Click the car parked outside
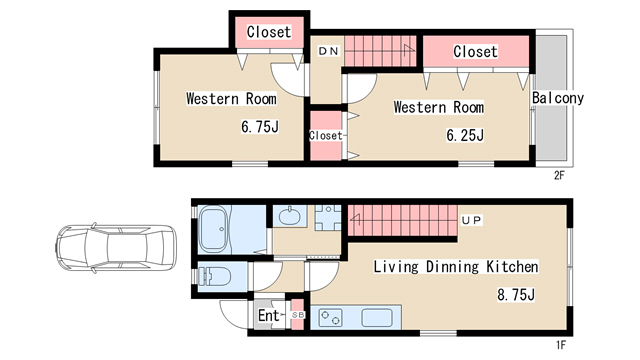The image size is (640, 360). (x=116, y=248)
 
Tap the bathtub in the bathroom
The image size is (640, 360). (x=213, y=229)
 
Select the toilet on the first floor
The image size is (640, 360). (x=214, y=276)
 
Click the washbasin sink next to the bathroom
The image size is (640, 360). (x=290, y=216)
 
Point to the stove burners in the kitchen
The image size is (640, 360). (x=330, y=318)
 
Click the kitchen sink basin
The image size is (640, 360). (x=377, y=318)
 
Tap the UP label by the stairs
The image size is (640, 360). (x=471, y=220)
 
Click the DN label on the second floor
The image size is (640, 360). (x=328, y=51)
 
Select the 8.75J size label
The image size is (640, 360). (x=516, y=294)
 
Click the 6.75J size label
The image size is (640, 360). (x=260, y=127)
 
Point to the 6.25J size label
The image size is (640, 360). (x=465, y=135)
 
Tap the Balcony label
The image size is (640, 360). (x=558, y=98)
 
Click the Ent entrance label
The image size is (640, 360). (x=269, y=315)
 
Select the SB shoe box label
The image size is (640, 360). (x=298, y=315)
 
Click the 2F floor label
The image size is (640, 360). (x=559, y=176)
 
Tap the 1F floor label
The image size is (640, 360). (x=561, y=345)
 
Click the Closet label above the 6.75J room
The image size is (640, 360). (x=269, y=32)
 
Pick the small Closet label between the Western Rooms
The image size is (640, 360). (x=325, y=136)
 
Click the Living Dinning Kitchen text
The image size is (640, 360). (x=456, y=267)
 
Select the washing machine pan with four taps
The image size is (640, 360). (x=328, y=218)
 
